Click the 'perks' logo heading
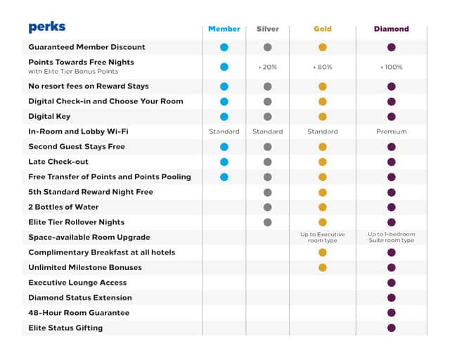47,27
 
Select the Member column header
224,29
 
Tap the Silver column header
267,29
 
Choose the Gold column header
322,29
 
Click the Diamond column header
391,29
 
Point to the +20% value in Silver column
267,67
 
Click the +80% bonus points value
322,67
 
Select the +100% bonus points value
391,67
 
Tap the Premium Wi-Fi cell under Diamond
391,131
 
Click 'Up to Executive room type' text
322,237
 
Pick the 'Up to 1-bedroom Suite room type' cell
391,237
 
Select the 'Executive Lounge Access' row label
77,282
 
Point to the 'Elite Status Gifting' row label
65,328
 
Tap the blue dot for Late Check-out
224,162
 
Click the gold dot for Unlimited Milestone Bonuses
322,267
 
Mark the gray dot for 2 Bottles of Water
267,207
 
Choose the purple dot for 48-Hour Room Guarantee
391,313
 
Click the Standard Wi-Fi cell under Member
224,131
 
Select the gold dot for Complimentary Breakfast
322,252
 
